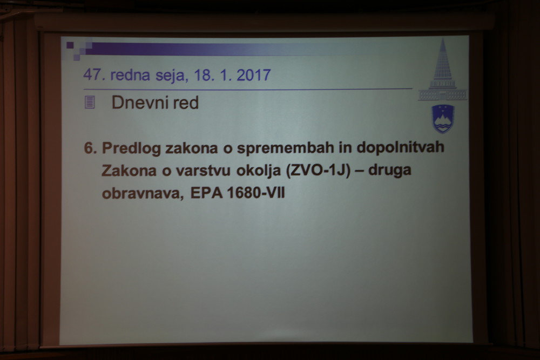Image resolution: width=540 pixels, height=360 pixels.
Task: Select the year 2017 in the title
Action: [253, 75]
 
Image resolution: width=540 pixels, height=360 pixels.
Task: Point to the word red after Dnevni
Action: [186, 103]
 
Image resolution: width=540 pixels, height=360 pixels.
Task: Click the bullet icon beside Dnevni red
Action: [90, 103]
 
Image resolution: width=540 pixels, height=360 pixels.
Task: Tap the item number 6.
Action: [90, 148]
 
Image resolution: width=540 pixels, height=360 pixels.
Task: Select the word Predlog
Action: [131, 148]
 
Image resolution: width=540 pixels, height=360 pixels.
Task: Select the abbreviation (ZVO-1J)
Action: [318, 171]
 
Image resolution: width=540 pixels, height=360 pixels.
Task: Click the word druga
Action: [389, 169]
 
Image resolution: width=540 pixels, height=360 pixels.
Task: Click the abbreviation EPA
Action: [206, 193]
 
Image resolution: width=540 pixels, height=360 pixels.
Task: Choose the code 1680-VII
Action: [256, 193]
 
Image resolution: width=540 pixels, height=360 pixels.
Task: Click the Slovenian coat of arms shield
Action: [443, 119]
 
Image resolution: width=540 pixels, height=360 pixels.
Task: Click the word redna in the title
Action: [130, 75]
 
